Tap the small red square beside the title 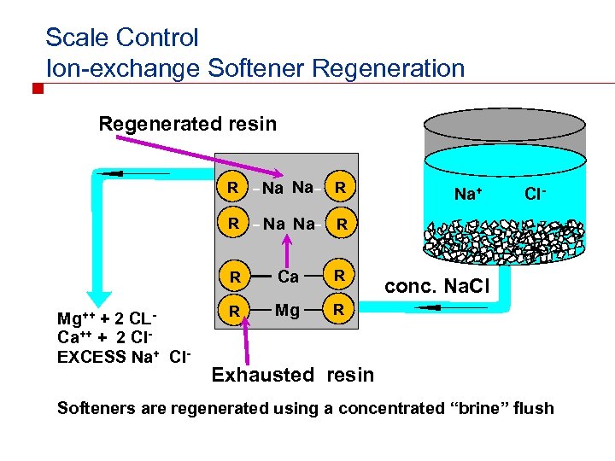point(37,89)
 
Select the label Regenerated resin point(188,124)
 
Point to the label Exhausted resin point(292,374)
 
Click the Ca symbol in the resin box point(288,277)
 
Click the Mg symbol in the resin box point(288,311)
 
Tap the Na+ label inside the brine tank point(468,195)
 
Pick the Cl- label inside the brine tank point(536,194)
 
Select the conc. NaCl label point(436,288)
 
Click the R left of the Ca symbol point(232,277)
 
